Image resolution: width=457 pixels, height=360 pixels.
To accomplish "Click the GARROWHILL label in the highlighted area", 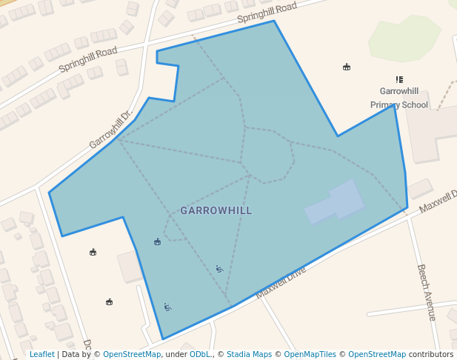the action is [x=216, y=211].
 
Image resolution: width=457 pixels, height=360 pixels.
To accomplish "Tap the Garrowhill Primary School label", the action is [x=399, y=98].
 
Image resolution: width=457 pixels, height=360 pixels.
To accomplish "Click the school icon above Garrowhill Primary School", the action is [x=399, y=79].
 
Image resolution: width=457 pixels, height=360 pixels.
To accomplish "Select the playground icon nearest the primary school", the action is [x=346, y=67].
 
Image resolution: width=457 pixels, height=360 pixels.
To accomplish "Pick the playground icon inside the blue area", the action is [x=157, y=242].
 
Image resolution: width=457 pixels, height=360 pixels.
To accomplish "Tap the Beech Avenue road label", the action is [x=426, y=292].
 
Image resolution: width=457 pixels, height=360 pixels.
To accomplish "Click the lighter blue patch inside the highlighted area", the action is [x=335, y=202].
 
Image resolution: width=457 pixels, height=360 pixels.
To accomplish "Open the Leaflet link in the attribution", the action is [x=41, y=354].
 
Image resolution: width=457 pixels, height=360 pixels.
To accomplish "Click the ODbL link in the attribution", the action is [x=199, y=354].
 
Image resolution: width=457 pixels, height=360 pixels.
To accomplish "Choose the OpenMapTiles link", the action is [x=309, y=354].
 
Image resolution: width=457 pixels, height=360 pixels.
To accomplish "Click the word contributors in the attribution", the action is [x=430, y=354].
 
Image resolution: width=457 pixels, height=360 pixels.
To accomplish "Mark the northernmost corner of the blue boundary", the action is [x=274, y=21].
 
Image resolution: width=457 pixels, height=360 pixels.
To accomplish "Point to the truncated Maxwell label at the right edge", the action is [x=437, y=200].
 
